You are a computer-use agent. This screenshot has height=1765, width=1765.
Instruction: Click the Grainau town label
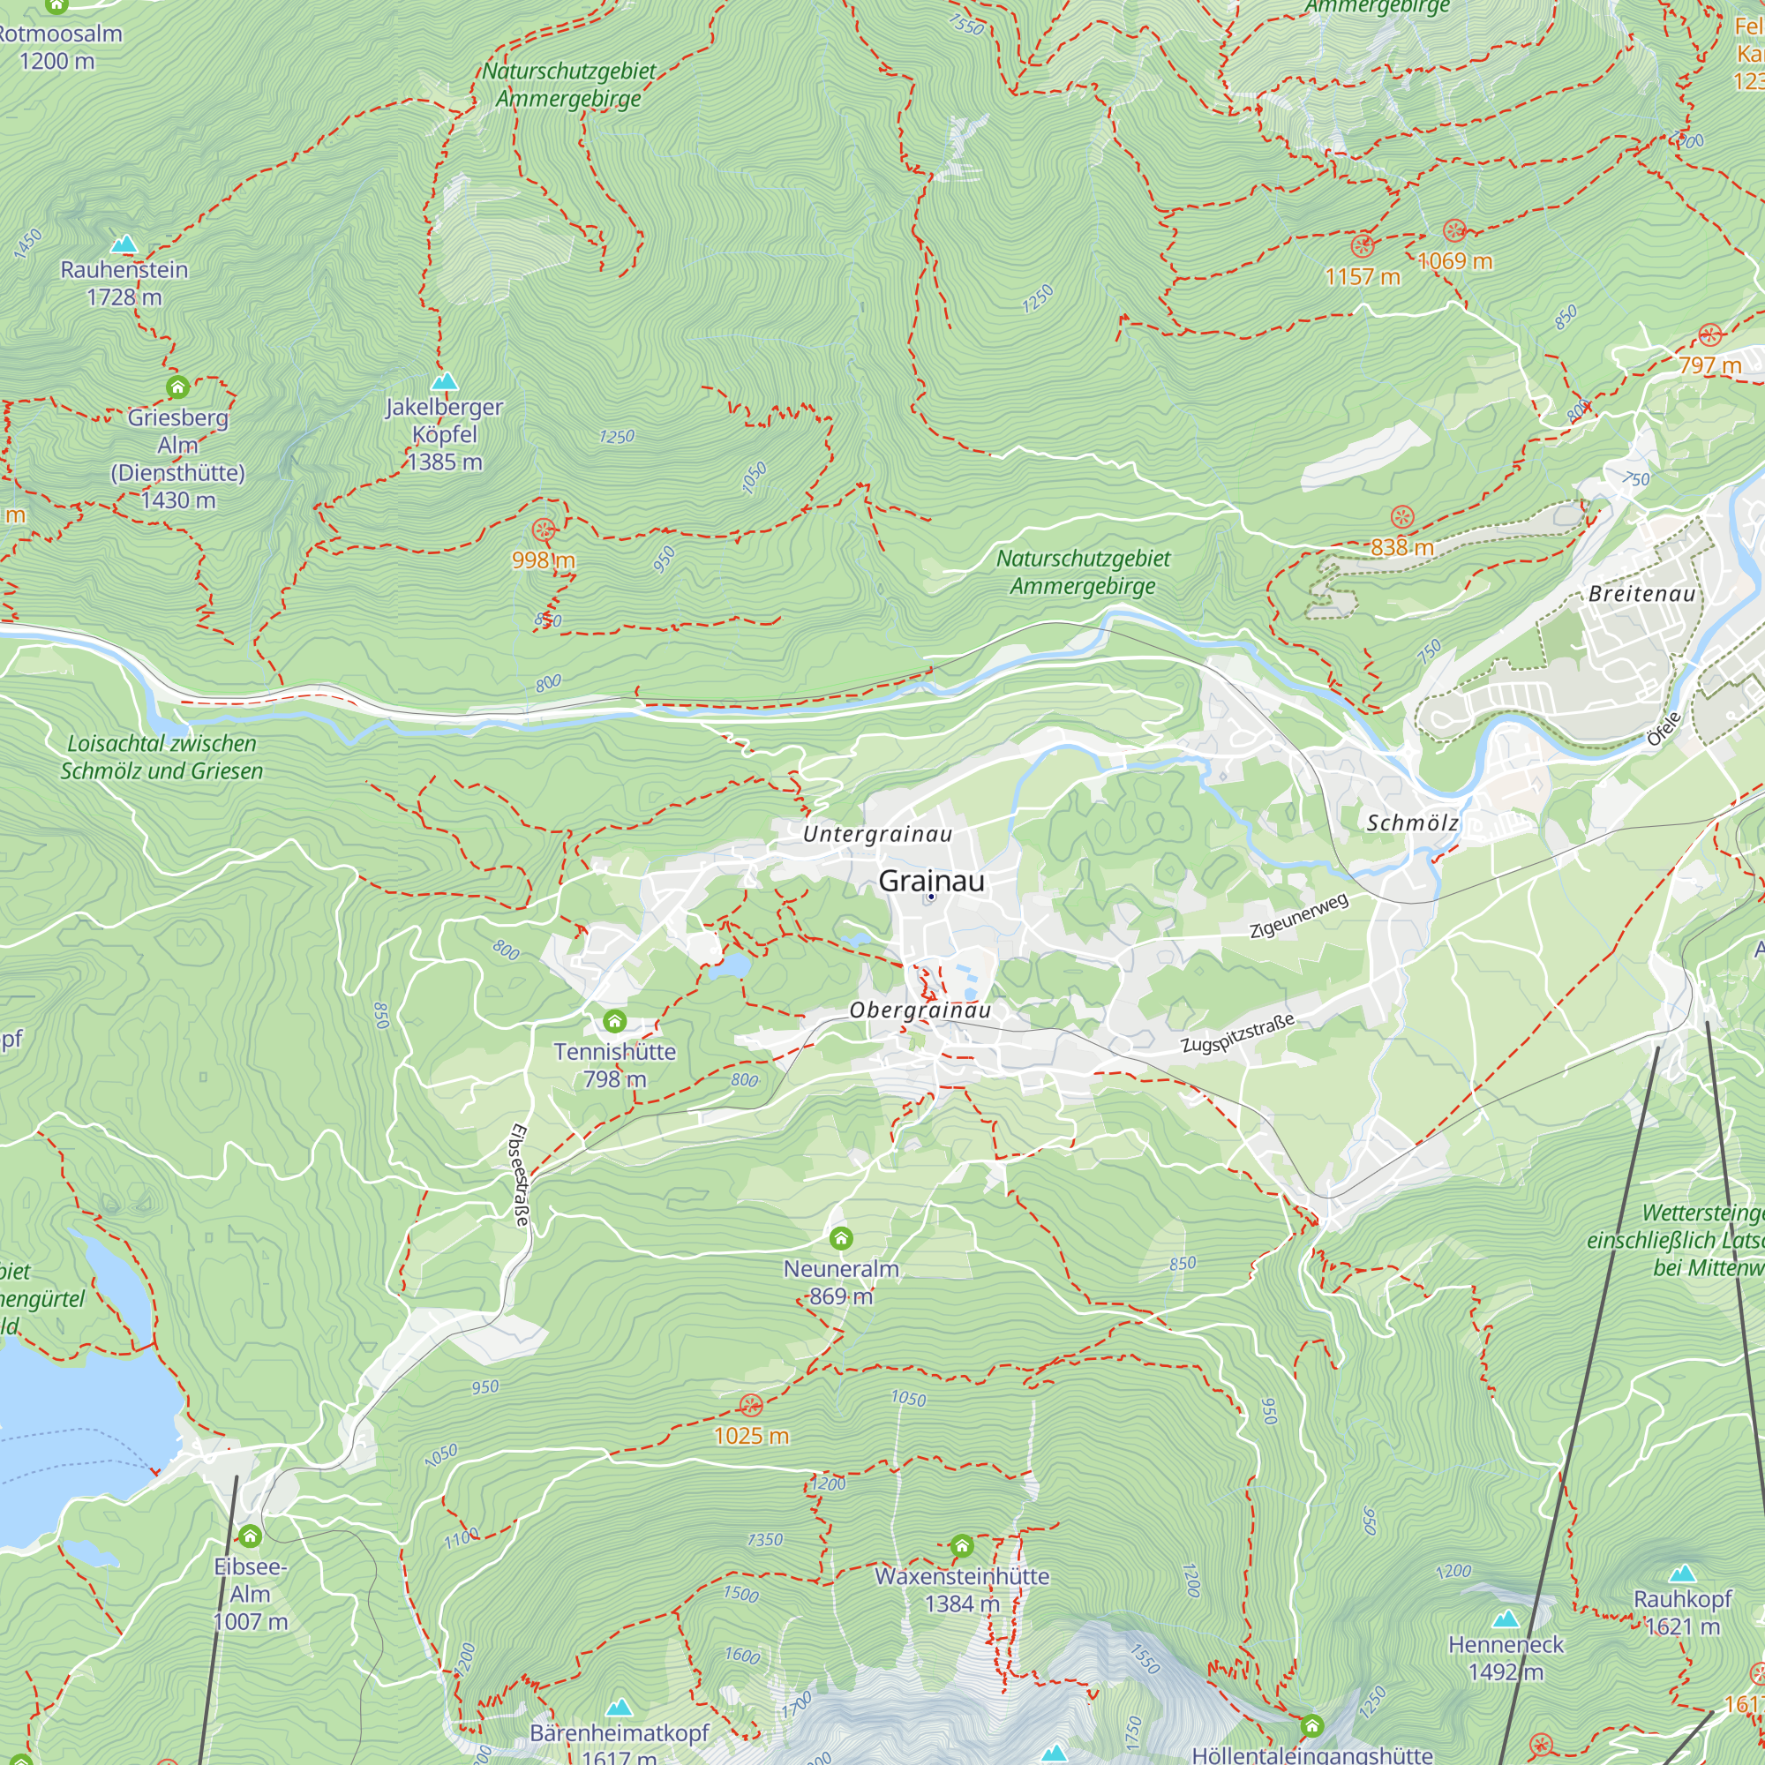pyautogui.click(x=931, y=881)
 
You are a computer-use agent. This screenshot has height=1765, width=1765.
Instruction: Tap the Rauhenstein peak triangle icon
pyautogui.click(x=124, y=244)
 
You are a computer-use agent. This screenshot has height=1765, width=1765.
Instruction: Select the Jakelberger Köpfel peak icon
pyautogui.click(x=444, y=381)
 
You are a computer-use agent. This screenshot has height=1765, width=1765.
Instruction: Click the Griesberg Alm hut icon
pyautogui.click(x=177, y=387)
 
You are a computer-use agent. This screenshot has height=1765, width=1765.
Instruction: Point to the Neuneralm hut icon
pyautogui.click(x=840, y=1238)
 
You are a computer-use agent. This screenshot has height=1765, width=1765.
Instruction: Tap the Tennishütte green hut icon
pyautogui.click(x=615, y=1020)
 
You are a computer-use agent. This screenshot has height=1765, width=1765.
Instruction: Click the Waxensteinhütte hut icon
pyautogui.click(x=961, y=1546)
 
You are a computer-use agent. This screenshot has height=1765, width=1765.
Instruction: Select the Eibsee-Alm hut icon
pyautogui.click(x=250, y=1536)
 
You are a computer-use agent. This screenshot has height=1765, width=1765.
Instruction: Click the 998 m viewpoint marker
pyautogui.click(x=544, y=529)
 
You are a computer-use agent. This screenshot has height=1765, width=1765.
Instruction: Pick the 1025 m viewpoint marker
pyautogui.click(x=750, y=1405)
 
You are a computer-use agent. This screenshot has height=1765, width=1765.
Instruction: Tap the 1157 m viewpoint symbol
pyautogui.click(x=1362, y=245)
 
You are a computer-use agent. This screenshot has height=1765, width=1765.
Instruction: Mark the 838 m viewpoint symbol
pyautogui.click(x=1401, y=517)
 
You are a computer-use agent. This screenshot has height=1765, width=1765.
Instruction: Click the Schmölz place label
pyautogui.click(x=1411, y=823)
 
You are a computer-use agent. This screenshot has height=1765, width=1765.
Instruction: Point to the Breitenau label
pyautogui.click(x=1641, y=594)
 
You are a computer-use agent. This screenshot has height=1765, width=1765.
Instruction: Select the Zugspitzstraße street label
pyautogui.click(x=1237, y=1033)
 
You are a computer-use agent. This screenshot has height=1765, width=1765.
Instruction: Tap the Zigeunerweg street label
pyautogui.click(x=1298, y=916)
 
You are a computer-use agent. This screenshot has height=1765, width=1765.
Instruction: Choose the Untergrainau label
pyautogui.click(x=877, y=833)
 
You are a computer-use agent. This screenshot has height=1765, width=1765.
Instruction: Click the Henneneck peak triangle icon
pyautogui.click(x=1506, y=1619)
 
